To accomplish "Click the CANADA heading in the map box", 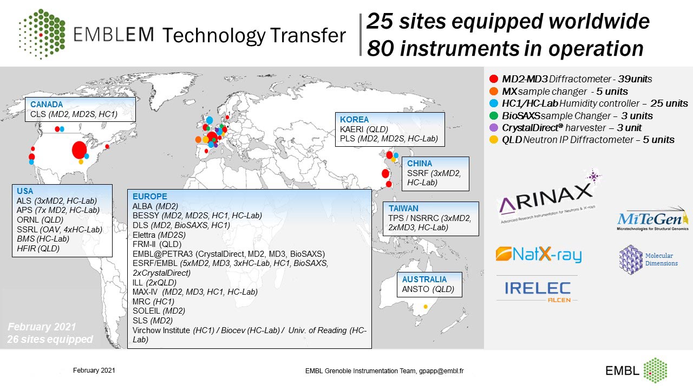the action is coord(47,105).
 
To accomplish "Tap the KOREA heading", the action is coord(354,120).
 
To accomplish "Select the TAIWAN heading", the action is coord(403,209).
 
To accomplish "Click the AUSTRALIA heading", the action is coord(424,279).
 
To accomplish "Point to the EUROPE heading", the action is coord(150,196).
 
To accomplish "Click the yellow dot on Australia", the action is coord(426,307).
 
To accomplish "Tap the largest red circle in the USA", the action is coord(79,150).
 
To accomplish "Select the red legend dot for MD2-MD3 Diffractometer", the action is coord(493,79).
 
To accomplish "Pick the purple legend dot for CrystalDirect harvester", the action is coord(493,127).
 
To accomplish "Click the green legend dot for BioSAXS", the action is coord(493,115).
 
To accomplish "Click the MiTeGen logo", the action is coord(653,219).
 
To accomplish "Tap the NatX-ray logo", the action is coord(538,255).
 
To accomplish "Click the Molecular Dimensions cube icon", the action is coord(631,259).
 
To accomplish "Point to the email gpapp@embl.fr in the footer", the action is coord(441,371).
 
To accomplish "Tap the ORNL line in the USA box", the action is coord(40,220).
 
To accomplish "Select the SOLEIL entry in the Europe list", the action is coord(159,311).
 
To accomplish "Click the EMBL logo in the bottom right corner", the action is coord(636,370).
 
